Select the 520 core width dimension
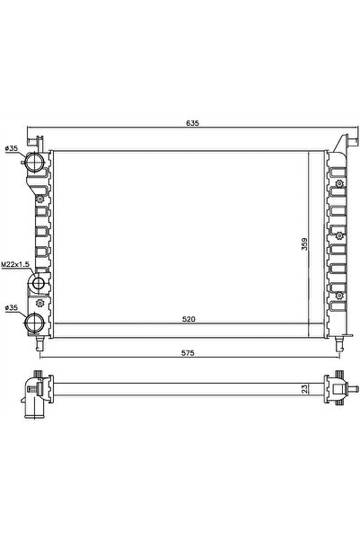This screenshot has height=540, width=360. (188, 319)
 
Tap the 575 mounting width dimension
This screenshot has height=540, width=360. (189, 352)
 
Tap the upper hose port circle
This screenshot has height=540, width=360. (37, 164)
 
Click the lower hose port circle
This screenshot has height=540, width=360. (37, 323)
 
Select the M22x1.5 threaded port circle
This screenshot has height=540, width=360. (39, 286)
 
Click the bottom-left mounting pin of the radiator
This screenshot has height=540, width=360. (40, 344)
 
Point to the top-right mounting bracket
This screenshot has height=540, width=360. (342, 142)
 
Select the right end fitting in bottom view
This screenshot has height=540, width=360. (338, 388)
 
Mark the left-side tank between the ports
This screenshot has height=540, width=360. (40, 225)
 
